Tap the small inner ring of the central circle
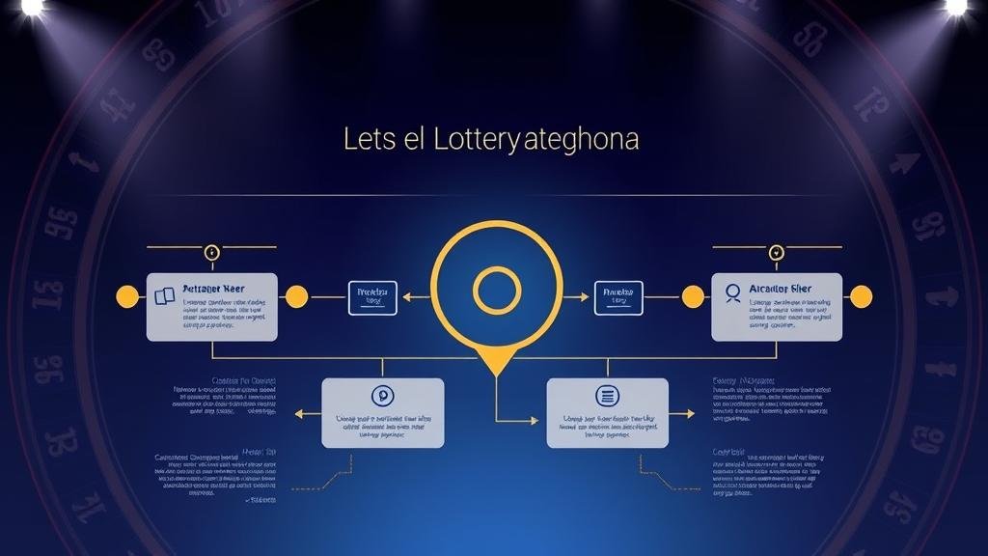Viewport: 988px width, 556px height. [x=497, y=290]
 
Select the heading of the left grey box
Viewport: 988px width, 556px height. [x=213, y=289]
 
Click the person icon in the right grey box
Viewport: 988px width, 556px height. [x=733, y=291]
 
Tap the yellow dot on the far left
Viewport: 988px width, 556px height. [x=126, y=296]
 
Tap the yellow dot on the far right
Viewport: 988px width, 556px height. [x=861, y=296]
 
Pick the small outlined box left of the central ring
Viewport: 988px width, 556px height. [x=372, y=297]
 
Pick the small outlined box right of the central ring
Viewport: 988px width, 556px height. [x=617, y=297]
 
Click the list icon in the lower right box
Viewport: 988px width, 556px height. [x=607, y=395]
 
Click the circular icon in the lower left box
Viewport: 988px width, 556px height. [x=382, y=396]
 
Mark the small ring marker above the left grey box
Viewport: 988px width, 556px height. [x=212, y=252]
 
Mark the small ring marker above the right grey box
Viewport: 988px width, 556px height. [x=777, y=252]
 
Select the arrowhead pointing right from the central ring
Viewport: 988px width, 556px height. [x=584, y=297]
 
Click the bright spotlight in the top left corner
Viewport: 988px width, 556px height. [x=32, y=6]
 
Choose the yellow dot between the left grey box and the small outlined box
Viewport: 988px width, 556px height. [x=296, y=296]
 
